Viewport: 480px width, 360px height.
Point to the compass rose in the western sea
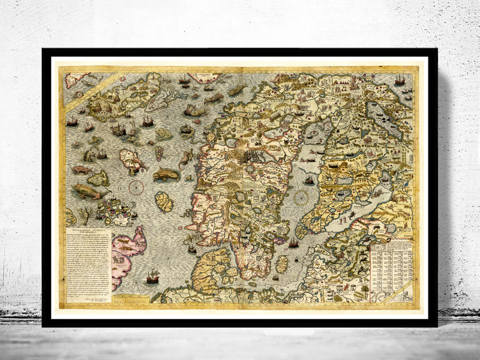136,187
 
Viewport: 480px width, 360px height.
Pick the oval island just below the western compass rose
163,202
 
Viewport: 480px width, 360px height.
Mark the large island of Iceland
117,96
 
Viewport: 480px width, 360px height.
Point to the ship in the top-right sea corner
399,80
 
